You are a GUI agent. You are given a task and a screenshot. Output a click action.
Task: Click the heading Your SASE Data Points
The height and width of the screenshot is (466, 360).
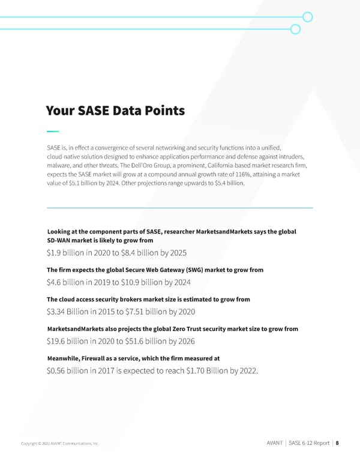(x=115, y=111)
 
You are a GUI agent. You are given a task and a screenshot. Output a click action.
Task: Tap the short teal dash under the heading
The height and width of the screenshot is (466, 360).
(x=53, y=131)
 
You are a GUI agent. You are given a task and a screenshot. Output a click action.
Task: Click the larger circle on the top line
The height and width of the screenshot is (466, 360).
(x=308, y=17)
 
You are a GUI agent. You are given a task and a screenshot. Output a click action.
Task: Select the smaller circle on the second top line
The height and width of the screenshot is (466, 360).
(x=295, y=29)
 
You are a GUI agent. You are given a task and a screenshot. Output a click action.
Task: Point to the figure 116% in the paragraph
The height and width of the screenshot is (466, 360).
(x=242, y=174)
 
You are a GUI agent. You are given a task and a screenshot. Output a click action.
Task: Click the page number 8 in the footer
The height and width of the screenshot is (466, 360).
(x=337, y=443)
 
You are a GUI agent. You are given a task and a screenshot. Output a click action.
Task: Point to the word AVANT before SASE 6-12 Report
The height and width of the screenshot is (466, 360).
(x=274, y=443)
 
